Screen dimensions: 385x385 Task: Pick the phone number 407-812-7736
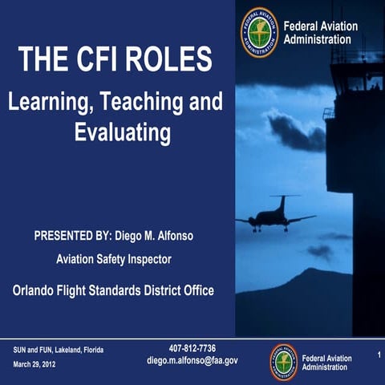192,348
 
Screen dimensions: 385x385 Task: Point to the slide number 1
377,354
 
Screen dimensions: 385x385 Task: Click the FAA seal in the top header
258,32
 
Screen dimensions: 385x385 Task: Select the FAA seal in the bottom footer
283,362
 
